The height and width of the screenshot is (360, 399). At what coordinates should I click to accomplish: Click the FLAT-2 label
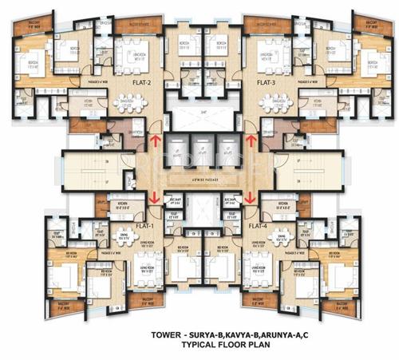pyautogui.click(x=144, y=81)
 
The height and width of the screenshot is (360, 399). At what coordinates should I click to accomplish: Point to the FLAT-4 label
pyautogui.click(x=256, y=225)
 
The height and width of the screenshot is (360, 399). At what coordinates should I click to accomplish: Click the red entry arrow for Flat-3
pyautogui.click(x=251, y=141)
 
